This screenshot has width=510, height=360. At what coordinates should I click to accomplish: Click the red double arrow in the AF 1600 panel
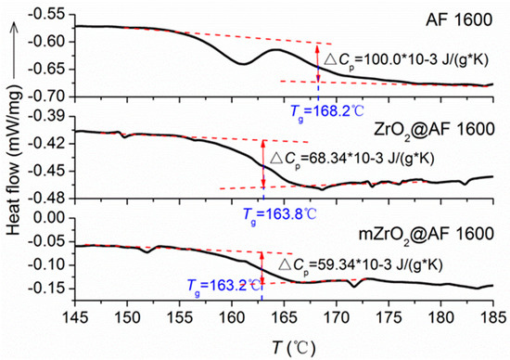tap(318, 65)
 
